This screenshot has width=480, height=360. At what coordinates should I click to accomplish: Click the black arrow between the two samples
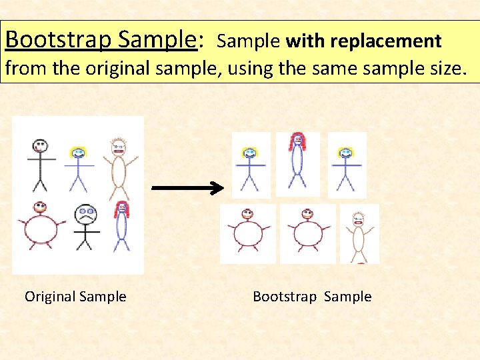[189, 189]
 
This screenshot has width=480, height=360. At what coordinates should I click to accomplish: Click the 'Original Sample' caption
[75, 297]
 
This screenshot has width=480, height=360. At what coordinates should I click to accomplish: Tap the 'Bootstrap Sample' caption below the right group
[312, 297]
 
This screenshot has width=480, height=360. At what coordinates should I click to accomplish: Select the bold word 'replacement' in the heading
[385, 41]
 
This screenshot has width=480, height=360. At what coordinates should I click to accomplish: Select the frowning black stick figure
[85, 227]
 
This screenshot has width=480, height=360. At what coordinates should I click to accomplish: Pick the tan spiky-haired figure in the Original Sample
[119, 170]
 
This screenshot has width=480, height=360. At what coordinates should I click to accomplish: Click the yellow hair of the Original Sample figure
[79, 149]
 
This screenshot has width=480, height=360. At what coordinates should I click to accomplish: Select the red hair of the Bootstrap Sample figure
[297, 140]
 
